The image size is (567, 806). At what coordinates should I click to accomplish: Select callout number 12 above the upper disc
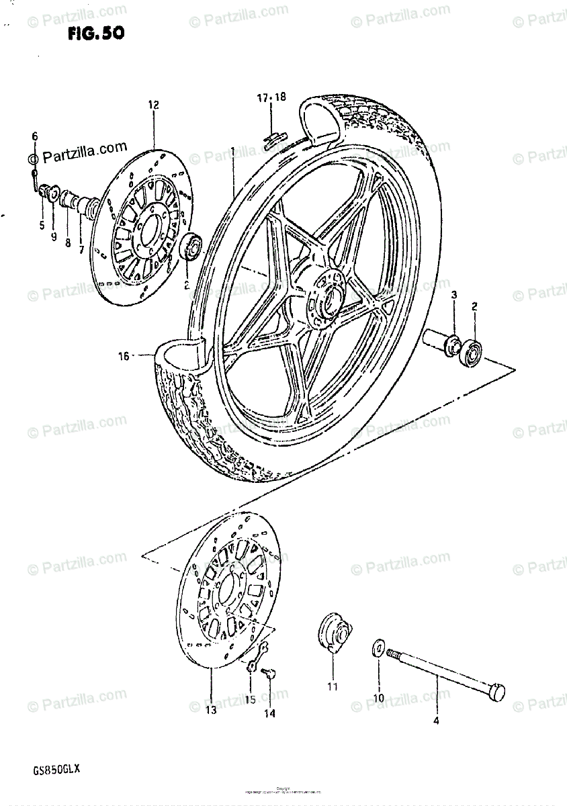tap(153, 105)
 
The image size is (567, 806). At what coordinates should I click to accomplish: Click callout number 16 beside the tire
tap(123, 357)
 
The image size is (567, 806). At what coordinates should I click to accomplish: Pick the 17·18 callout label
tap(271, 98)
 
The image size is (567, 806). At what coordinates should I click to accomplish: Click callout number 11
tap(333, 686)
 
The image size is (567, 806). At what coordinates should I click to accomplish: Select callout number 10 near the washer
tap(379, 697)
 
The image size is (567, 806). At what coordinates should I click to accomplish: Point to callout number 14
tap(269, 713)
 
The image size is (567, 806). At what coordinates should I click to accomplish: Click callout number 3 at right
tap(453, 296)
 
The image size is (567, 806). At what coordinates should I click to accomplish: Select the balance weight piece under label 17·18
tap(272, 139)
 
